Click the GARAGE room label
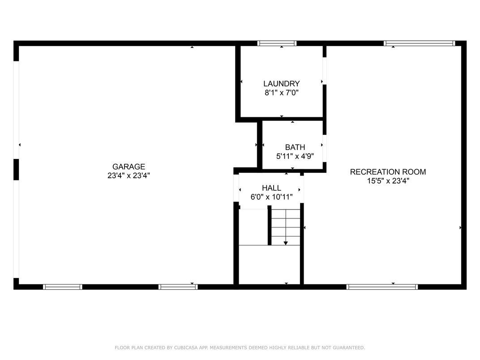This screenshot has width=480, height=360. tap(129, 167)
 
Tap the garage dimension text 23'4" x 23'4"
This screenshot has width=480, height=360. tap(129, 176)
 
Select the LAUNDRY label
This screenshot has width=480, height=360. tap(282, 84)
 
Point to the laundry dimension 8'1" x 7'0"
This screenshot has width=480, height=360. tap(282, 92)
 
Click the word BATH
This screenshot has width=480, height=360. tap(295, 147)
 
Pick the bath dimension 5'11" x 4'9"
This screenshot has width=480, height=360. tap(295, 156)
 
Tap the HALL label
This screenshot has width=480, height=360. tap(271, 188)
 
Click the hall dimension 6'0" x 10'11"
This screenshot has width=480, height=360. tap(271, 197)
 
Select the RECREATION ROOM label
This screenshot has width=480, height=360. tap(388, 172)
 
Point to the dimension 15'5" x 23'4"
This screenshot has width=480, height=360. tap(388, 181)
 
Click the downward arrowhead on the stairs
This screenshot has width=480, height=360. tap(286, 243)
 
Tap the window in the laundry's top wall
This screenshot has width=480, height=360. tap(277, 43)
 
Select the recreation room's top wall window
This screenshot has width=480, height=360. tap(420, 43)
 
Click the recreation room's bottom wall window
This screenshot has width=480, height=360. tap(382, 287)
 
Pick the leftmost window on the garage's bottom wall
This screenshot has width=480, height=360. tap(62, 287)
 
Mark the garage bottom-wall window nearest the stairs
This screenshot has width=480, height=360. tap(178, 287)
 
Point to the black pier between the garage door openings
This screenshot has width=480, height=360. tap(16, 170)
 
